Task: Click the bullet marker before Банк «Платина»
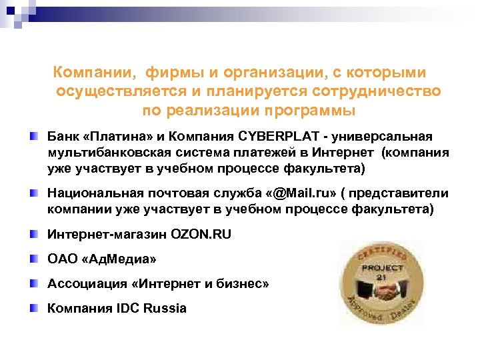[x=35, y=137]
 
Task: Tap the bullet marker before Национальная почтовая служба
[x=35, y=193]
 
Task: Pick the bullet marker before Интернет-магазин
[x=35, y=234]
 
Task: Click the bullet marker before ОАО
[x=35, y=259]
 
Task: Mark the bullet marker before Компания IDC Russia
[x=35, y=308]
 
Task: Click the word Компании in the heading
[x=85, y=72]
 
